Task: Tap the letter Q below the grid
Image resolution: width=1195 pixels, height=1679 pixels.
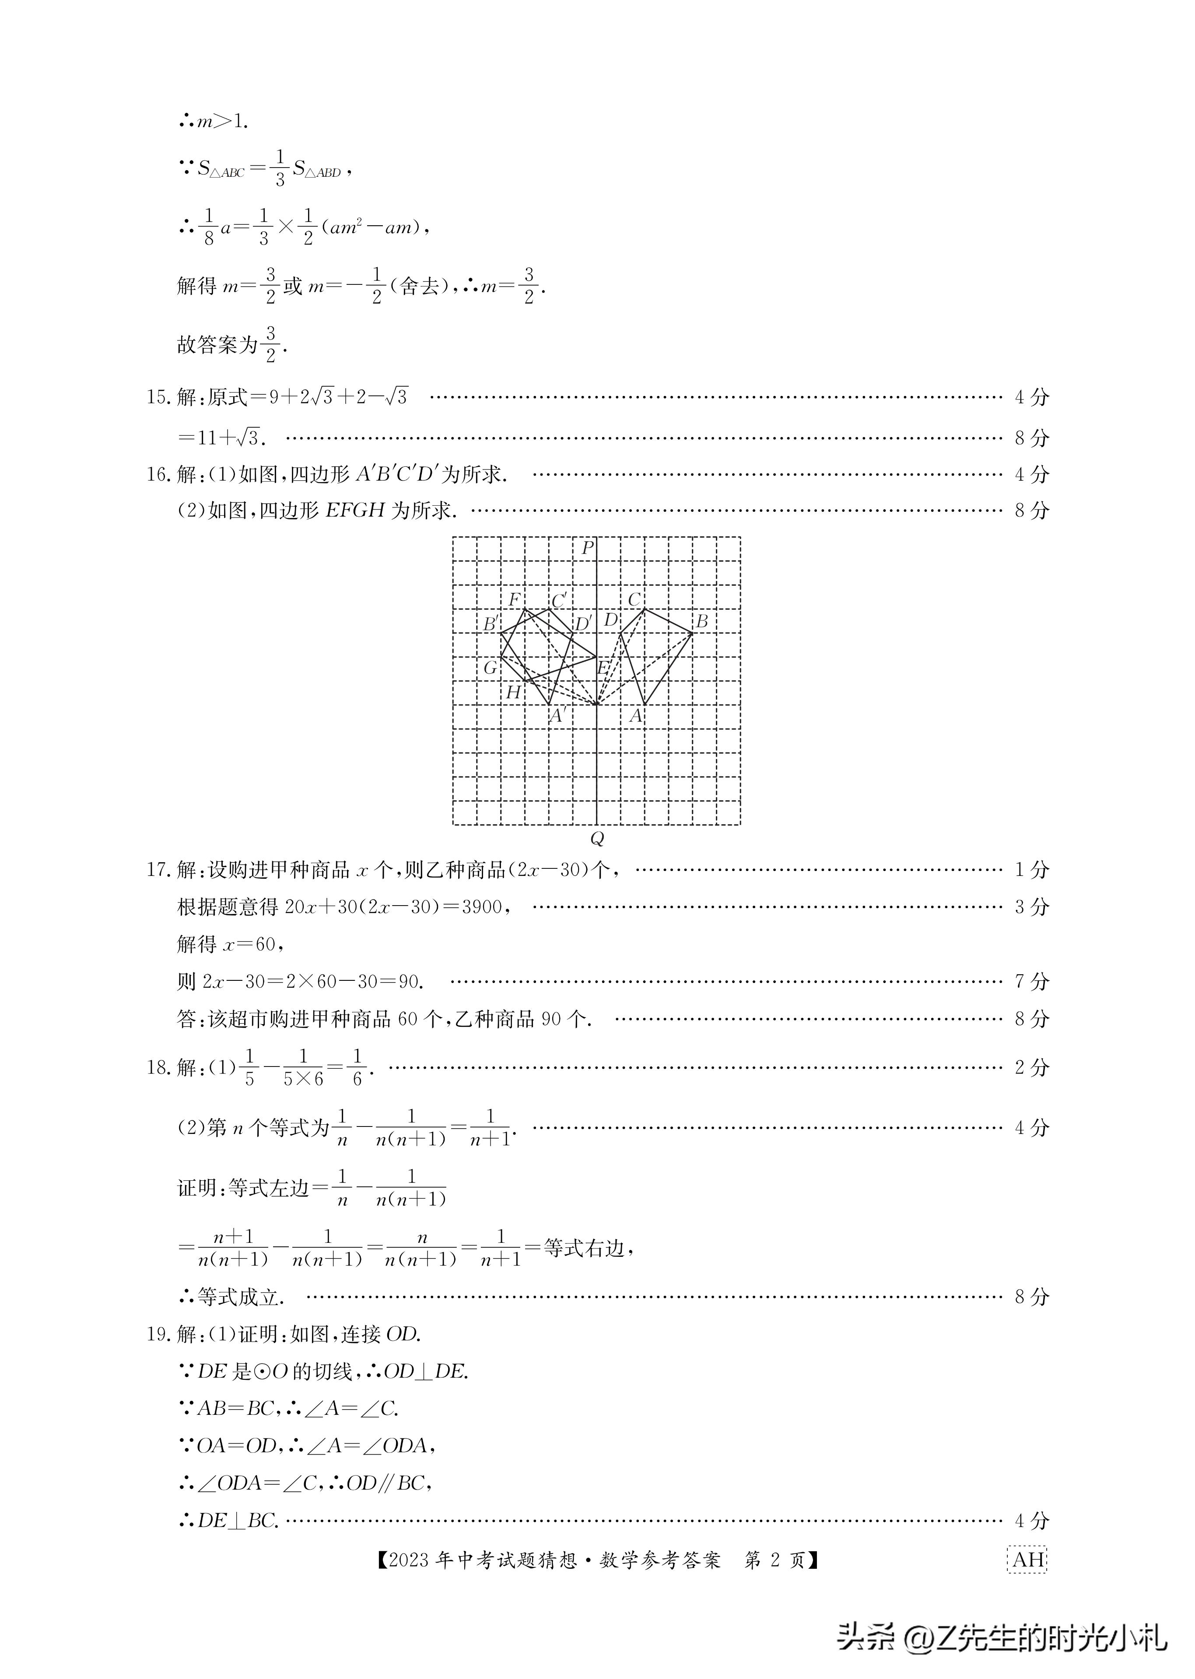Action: [597, 839]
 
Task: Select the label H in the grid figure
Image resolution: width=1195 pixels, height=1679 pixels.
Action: [513, 693]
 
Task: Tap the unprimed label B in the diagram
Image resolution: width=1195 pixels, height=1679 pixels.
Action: [701, 622]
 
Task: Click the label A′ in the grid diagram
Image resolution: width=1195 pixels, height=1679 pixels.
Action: [558, 716]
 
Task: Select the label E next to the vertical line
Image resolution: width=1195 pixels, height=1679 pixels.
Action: [603, 668]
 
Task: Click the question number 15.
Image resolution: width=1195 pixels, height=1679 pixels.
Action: [158, 397]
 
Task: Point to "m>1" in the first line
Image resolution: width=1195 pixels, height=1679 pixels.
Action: [221, 122]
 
